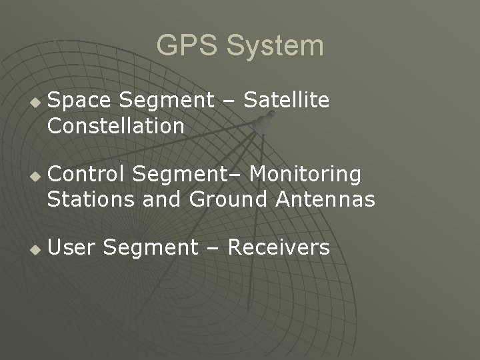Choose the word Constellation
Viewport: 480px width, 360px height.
point(116,125)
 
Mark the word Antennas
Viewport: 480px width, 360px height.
point(324,199)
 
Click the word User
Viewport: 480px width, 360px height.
point(72,248)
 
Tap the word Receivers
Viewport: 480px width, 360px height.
point(279,248)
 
